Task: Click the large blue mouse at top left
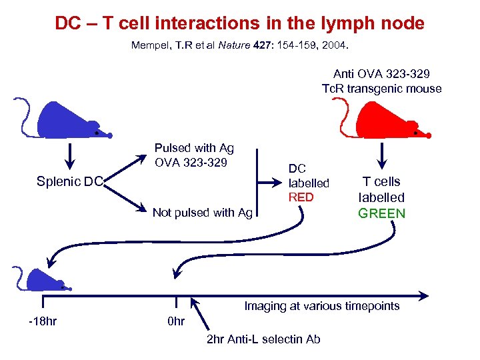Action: [x=67, y=123]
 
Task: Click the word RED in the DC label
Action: [x=300, y=197]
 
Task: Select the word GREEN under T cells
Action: [x=381, y=213]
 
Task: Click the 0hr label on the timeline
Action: [x=175, y=321]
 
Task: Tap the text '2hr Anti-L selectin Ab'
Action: [x=263, y=339]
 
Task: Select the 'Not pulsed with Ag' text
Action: [x=203, y=213]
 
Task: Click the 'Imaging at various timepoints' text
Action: [x=321, y=306]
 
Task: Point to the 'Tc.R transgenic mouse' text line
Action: [x=381, y=89]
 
